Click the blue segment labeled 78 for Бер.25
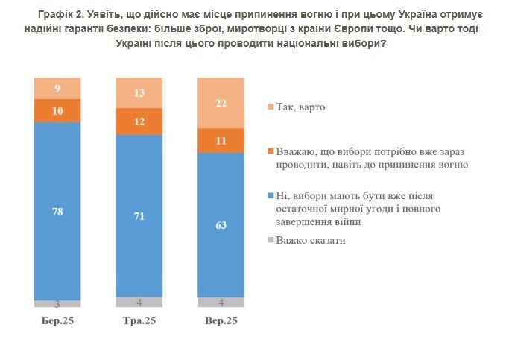click(x=57, y=211)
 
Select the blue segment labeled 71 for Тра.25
click(x=139, y=216)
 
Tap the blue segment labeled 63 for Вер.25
click(x=220, y=224)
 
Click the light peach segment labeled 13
click(x=139, y=92)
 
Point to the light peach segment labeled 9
click(x=57, y=88)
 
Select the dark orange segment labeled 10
click(x=57, y=110)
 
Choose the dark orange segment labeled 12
click(x=139, y=121)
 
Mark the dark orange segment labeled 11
click(x=220, y=140)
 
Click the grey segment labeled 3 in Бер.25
click(x=57, y=303)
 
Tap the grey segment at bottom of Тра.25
click(x=139, y=302)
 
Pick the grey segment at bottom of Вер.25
click(x=220, y=302)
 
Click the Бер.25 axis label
click(x=57, y=321)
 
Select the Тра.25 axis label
click(x=139, y=321)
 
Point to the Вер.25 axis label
click(x=220, y=321)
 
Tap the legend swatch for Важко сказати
click(x=269, y=241)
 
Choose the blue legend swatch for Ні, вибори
click(x=269, y=196)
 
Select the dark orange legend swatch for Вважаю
click(x=269, y=151)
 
